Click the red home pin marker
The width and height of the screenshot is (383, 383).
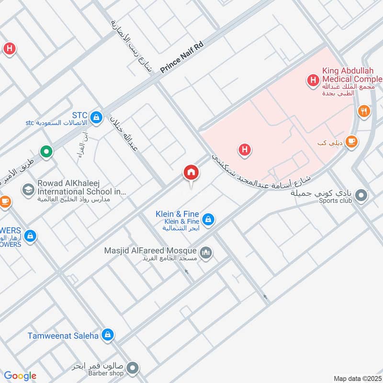point(191,173)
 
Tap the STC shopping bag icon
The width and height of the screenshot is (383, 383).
point(97,117)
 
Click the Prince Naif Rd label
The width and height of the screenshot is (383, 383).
point(182,57)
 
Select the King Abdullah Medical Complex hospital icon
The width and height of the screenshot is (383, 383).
point(313,80)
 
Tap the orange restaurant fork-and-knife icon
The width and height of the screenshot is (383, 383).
point(364,112)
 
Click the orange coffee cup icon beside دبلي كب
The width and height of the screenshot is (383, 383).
point(352,142)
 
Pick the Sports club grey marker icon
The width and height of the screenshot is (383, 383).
point(362,196)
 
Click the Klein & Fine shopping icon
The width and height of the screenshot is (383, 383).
point(208,220)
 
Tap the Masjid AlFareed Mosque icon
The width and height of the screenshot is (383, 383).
point(206,252)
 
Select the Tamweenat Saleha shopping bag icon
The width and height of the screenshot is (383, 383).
point(108,335)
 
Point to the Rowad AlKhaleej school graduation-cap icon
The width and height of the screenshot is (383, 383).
point(28,190)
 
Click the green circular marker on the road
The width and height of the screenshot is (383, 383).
point(46,153)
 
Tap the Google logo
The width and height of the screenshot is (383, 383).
point(20,376)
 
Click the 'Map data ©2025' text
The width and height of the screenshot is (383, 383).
point(357,378)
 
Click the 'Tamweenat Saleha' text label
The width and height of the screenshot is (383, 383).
point(63,336)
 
